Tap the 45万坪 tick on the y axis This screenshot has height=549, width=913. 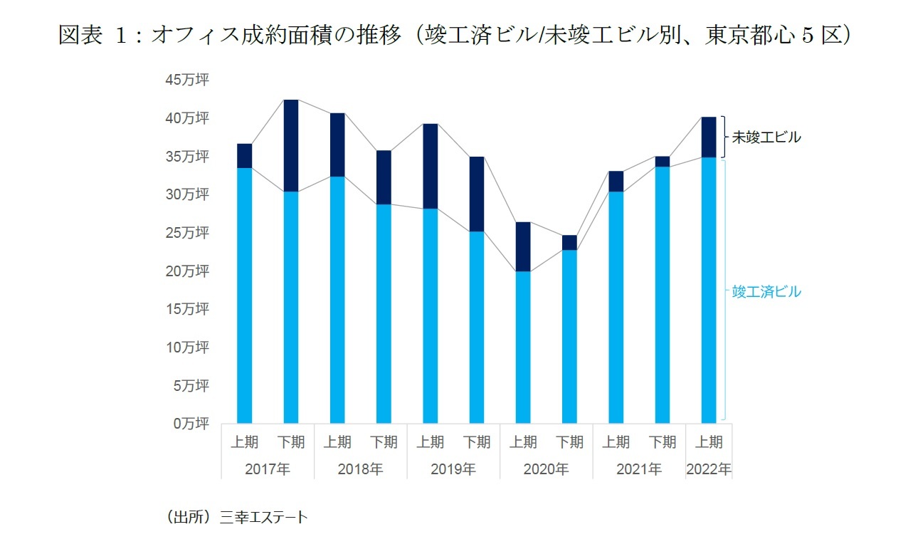187,80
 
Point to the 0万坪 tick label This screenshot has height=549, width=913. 191,424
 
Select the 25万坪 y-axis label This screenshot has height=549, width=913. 187,233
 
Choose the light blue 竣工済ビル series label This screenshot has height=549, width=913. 766,291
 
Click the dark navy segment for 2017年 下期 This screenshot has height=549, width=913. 291,145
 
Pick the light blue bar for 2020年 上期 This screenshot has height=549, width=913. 523,347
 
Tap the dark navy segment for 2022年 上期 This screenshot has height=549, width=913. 709,137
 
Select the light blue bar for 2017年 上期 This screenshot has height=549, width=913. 245,295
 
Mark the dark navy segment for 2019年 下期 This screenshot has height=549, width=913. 477,194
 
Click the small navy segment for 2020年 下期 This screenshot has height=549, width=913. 569,242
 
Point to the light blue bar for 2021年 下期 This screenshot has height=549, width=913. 663,295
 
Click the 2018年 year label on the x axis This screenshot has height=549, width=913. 360,469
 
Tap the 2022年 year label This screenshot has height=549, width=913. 709,469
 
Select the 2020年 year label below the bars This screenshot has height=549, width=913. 546,469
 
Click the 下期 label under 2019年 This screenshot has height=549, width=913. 477,442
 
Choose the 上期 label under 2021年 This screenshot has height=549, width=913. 616,442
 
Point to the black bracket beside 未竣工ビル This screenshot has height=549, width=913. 723,137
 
